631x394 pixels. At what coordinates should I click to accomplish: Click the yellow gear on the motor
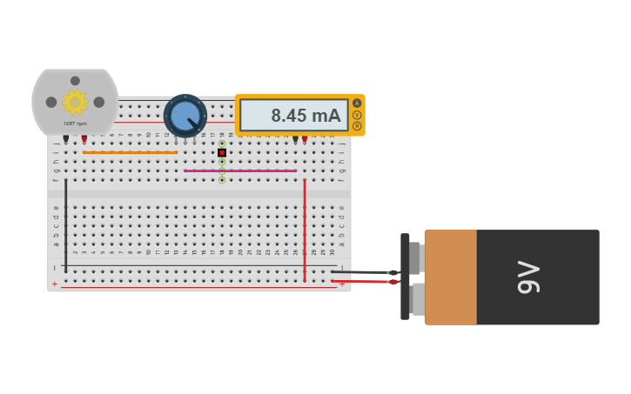coord(75,102)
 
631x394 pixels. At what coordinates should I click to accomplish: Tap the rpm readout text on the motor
coord(75,124)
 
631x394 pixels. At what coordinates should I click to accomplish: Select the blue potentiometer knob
coord(185,116)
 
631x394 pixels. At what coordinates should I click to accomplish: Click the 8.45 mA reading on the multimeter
coord(294,116)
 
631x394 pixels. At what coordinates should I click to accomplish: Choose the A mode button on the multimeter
coord(357,104)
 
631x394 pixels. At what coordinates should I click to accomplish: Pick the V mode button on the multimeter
coord(357,115)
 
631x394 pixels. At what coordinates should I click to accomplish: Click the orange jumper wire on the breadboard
coord(130,153)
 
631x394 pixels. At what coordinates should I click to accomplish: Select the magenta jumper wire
coord(240,171)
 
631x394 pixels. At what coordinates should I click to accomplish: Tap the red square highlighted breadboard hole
coord(222,153)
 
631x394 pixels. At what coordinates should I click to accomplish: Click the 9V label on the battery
coord(528,277)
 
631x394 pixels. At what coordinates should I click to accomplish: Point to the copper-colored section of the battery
coord(451,277)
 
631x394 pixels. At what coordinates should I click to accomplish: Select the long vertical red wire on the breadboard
coord(305,226)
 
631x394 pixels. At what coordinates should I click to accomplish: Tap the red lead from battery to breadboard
coord(361,282)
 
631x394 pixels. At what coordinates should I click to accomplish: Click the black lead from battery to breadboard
coord(361,272)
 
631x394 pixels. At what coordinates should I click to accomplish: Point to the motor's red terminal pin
coord(84,138)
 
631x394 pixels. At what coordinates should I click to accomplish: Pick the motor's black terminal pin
coord(65,138)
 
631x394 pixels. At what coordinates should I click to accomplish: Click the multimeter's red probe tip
coord(305,139)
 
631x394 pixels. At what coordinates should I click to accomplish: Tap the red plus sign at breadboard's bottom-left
coord(54,284)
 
